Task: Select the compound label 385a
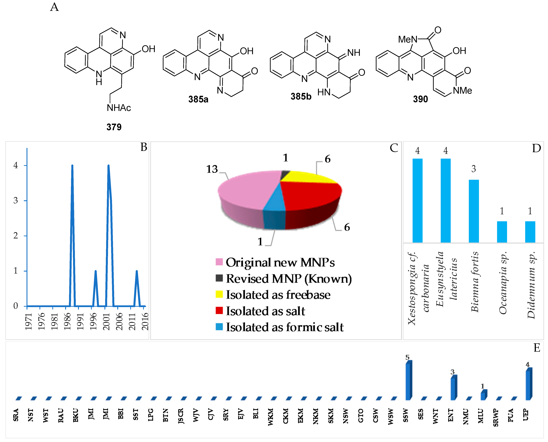198,99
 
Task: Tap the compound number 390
420,99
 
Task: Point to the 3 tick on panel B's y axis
16,200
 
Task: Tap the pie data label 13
212,169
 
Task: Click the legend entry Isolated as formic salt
284,327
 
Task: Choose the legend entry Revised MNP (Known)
288,279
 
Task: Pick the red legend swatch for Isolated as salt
219,311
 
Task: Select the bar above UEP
529,384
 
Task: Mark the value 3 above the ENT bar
452,372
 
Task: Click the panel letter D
536,148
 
